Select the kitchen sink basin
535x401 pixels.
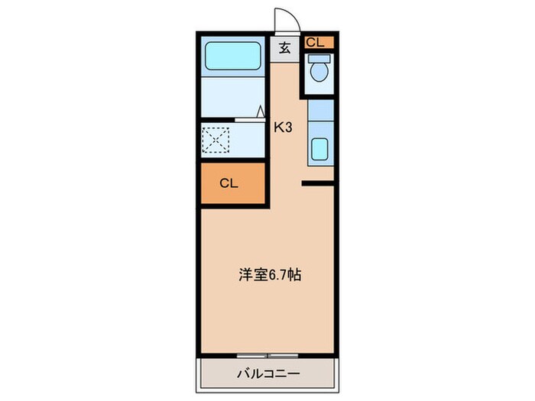tap(319, 150)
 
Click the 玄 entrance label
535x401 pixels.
tap(284, 48)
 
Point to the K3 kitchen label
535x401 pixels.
tap(284, 128)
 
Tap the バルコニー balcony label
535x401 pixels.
tap(267, 374)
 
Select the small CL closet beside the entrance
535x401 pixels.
tap(315, 43)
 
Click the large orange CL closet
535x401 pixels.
tap(233, 183)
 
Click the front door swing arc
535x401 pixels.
tap(284, 19)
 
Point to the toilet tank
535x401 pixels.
tap(319, 58)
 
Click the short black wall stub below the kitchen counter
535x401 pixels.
tap(318, 183)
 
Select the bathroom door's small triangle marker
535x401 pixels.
tap(261, 112)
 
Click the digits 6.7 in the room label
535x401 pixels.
tap(277, 275)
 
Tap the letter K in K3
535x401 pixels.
tap(280, 128)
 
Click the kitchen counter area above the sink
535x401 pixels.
tap(319, 115)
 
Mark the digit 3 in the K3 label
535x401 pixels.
tap(289, 128)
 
